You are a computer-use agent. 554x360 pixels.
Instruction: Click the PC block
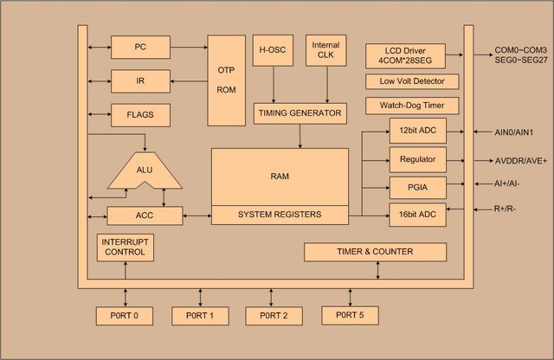pyautogui.click(x=140, y=47)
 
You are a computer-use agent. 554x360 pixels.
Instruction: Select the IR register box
pyautogui.click(x=140, y=80)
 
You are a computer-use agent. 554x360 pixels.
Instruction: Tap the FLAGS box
pyautogui.click(x=140, y=114)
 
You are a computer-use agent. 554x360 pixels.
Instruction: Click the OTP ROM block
pyautogui.click(x=226, y=80)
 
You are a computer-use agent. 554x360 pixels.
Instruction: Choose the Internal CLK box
pyautogui.click(x=325, y=50)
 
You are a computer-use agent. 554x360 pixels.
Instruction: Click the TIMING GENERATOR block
pyautogui.click(x=300, y=112)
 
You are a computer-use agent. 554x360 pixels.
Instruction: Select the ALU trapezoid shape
pyautogui.click(x=145, y=170)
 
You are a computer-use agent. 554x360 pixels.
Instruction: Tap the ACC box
pyautogui.click(x=145, y=215)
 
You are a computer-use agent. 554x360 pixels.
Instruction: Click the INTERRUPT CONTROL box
pyautogui.click(x=126, y=246)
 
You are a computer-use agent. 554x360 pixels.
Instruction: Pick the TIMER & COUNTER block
pyautogui.click(x=375, y=252)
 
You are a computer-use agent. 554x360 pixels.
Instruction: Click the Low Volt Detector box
pyautogui.click(x=406, y=81)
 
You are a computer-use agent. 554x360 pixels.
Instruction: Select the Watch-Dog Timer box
pyautogui.click(x=406, y=106)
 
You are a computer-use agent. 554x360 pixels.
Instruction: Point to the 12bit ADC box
pyautogui.click(x=418, y=132)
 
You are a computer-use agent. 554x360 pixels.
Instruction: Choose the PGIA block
pyautogui.click(x=418, y=186)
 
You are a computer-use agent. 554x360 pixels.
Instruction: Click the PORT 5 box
pyautogui.click(x=350, y=315)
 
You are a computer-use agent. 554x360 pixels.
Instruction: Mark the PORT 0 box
pyautogui.click(x=125, y=315)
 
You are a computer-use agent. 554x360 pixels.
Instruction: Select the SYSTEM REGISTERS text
pyautogui.click(x=279, y=215)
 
